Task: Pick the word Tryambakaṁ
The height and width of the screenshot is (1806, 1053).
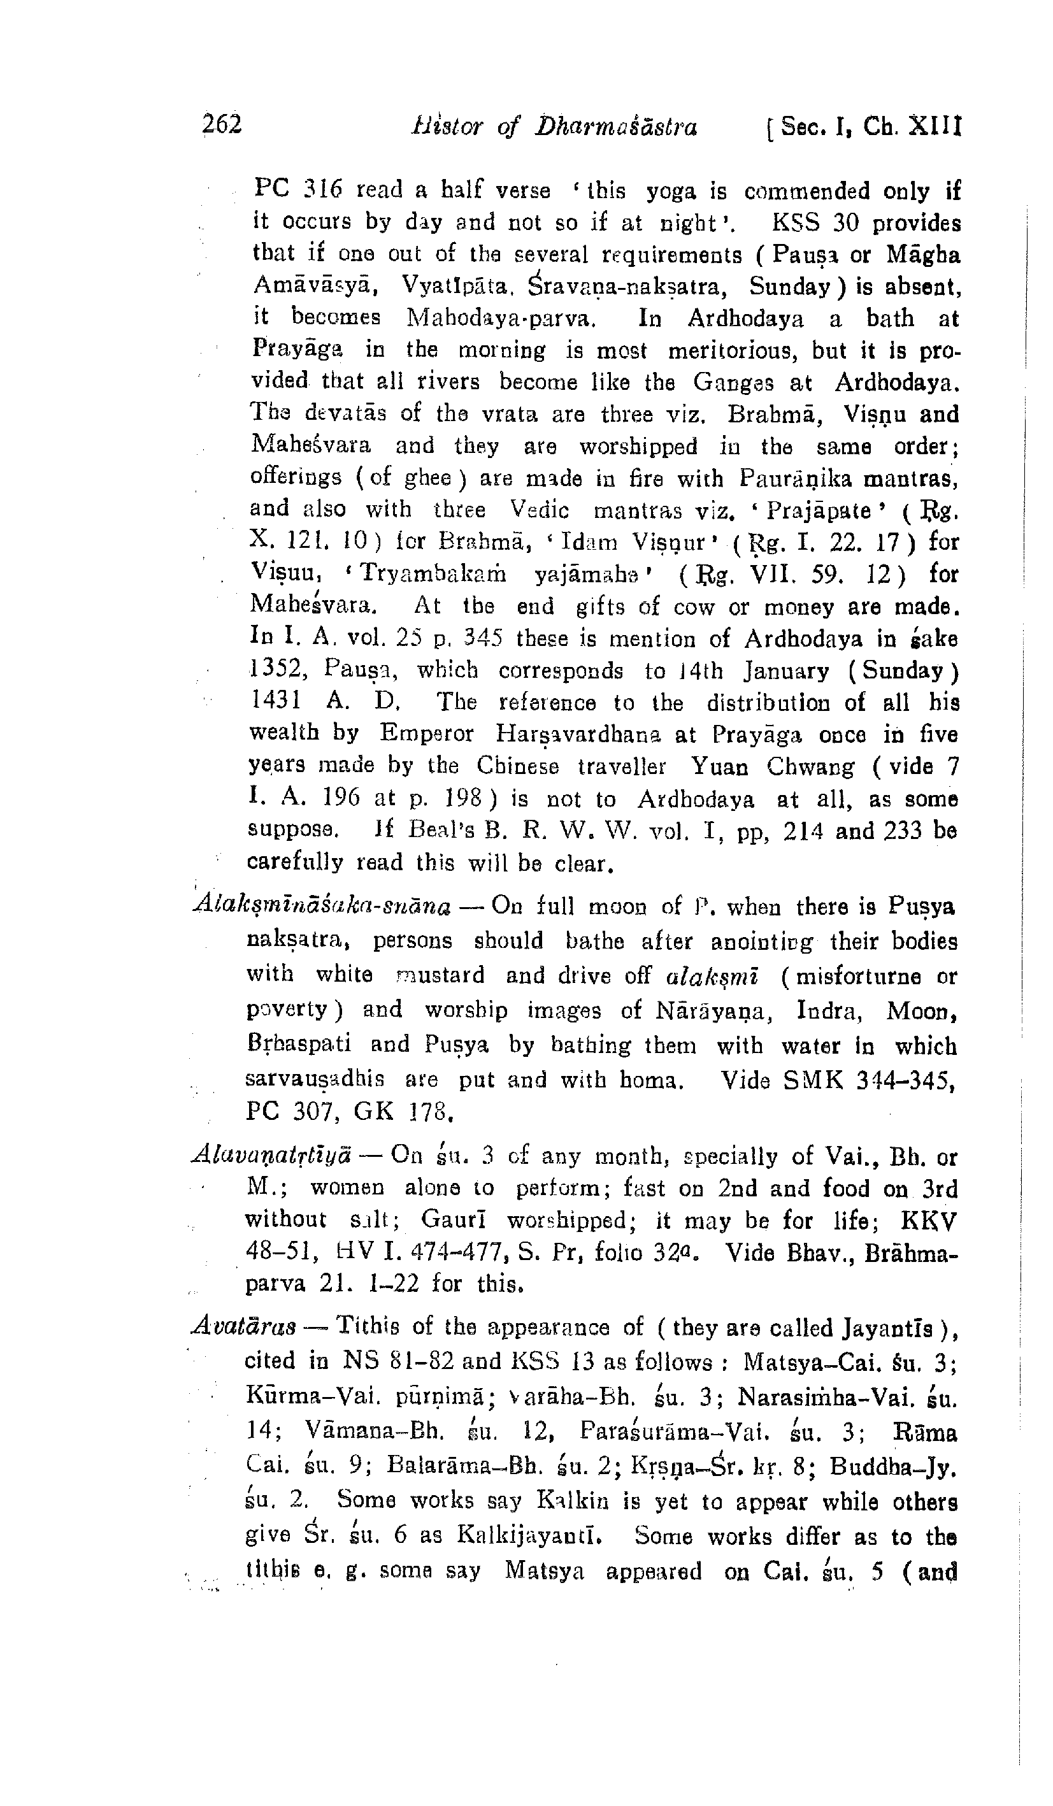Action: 434,575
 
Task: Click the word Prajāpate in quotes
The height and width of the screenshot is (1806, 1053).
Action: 819,511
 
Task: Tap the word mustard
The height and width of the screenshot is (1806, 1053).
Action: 440,975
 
